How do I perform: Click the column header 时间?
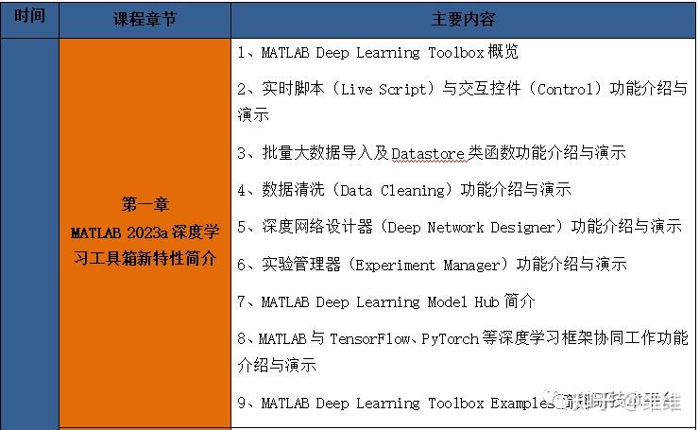[29, 18]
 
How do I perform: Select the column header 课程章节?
[145, 19]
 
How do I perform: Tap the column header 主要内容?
[463, 19]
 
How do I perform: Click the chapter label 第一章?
[145, 204]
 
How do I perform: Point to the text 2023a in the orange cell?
[153, 232]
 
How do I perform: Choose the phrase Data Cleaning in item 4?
[392, 190]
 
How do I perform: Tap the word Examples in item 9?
[519, 404]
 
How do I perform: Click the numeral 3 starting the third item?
[243, 152]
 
